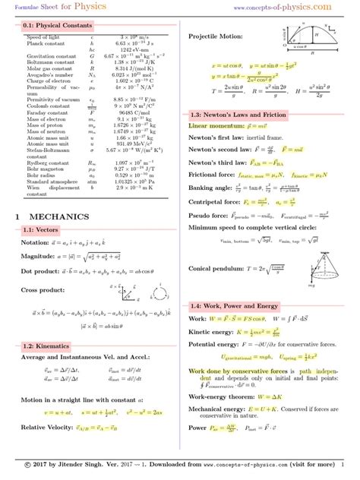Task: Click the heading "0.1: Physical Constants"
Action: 54,26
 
